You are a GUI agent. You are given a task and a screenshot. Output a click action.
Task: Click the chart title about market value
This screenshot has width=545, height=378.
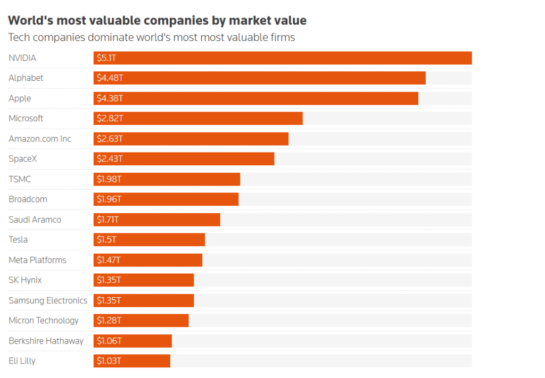pyautogui.click(x=157, y=21)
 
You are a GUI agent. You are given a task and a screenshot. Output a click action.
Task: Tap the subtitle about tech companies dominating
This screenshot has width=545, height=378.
pyautogui.click(x=152, y=37)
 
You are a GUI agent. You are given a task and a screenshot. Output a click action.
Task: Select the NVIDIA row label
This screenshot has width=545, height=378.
pyautogui.click(x=22, y=58)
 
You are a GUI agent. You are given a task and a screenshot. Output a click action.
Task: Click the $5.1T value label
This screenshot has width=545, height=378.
pyautogui.click(x=106, y=58)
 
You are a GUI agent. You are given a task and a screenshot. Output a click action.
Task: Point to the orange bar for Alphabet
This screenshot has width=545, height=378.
pyautogui.click(x=260, y=78)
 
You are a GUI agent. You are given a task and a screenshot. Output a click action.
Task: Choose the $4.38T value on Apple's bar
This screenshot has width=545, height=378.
pyautogui.click(x=110, y=98)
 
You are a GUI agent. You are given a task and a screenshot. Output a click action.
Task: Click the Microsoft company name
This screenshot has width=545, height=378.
pyautogui.click(x=26, y=119)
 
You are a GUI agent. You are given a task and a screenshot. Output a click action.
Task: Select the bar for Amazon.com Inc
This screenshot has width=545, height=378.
pyautogui.click(x=191, y=139)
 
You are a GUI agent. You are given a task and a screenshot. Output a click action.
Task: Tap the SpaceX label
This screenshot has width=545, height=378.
pyautogui.click(x=22, y=158)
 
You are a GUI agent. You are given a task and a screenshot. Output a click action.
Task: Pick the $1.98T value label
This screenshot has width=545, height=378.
pyautogui.click(x=109, y=179)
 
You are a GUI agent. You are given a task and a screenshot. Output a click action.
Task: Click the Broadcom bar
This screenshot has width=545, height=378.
pyautogui.click(x=166, y=199)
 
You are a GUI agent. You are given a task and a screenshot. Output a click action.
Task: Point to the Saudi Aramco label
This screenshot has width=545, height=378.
pyautogui.click(x=35, y=220)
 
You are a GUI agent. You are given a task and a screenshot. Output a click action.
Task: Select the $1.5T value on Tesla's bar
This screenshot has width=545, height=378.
pyautogui.click(x=106, y=239)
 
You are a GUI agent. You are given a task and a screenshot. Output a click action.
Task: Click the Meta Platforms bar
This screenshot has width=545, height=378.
pyautogui.click(x=148, y=260)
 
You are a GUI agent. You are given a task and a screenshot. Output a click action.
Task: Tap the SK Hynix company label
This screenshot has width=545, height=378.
pyautogui.click(x=25, y=280)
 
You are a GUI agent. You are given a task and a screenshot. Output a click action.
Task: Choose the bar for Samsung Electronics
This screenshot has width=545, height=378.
pyautogui.click(x=144, y=300)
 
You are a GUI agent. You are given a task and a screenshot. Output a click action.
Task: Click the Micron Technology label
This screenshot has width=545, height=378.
pyautogui.click(x=44, y=321)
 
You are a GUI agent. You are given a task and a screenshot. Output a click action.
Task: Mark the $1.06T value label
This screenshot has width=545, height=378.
pyautogui.click(x=109, y=341)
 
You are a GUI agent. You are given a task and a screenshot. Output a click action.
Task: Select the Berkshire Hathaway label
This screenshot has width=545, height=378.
pyautogui.click(x=46, y=341)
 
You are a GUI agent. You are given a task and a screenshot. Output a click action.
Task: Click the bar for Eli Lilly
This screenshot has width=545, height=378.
pyautogui.click(x=132, y=361)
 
